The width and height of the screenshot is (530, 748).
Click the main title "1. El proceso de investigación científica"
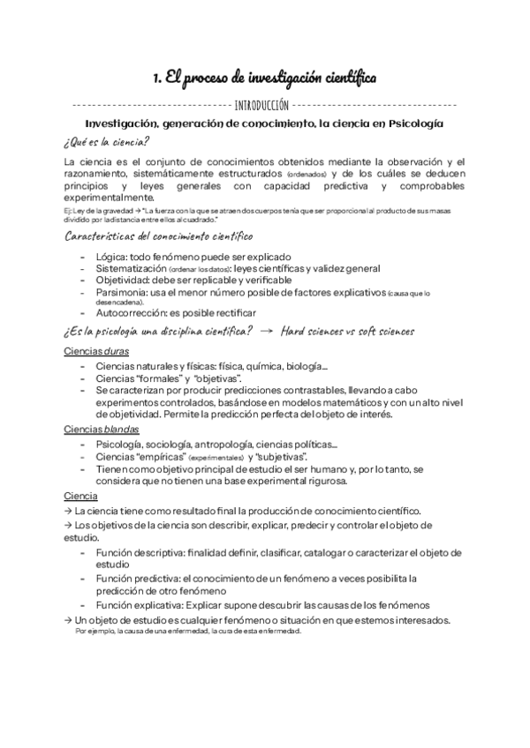[265, 79]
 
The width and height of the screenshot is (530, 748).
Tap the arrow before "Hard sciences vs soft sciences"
[265, 332]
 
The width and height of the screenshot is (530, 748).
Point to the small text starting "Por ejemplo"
[91, 631]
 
